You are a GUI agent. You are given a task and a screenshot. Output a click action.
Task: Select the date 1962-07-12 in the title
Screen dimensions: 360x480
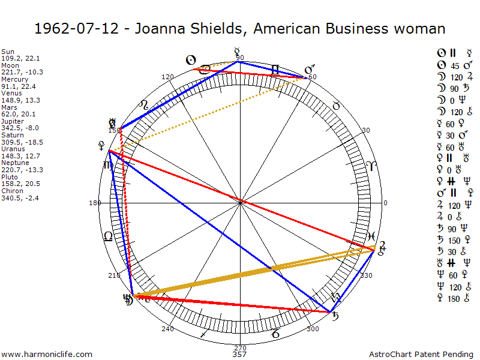click(63, 29)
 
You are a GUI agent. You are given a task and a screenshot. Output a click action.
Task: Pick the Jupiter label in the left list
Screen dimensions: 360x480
click(14, 121)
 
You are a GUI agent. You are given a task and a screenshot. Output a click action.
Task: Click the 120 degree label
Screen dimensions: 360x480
click(168, 77)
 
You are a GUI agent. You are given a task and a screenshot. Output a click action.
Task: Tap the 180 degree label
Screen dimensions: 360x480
click(95, 203)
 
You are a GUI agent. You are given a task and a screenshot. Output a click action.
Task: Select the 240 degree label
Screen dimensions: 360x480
click(167, 329)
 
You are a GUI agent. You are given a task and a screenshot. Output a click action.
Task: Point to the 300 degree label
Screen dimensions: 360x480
click(312, 329)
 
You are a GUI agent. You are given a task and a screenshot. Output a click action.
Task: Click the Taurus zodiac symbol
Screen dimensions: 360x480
click(337, 106)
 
